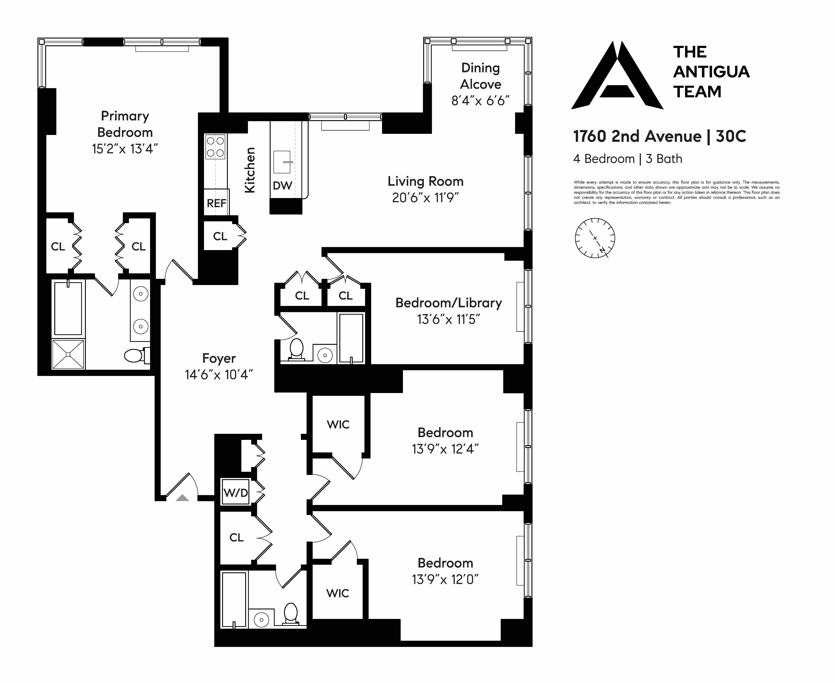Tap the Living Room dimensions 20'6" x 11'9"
tap(425, 198)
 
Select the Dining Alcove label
tap(480, 76)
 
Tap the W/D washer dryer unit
tap(236, 492)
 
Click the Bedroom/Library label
tap(449, 303)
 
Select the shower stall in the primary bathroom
tap(68, 354)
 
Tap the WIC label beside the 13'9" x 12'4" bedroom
tap(338, 425)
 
